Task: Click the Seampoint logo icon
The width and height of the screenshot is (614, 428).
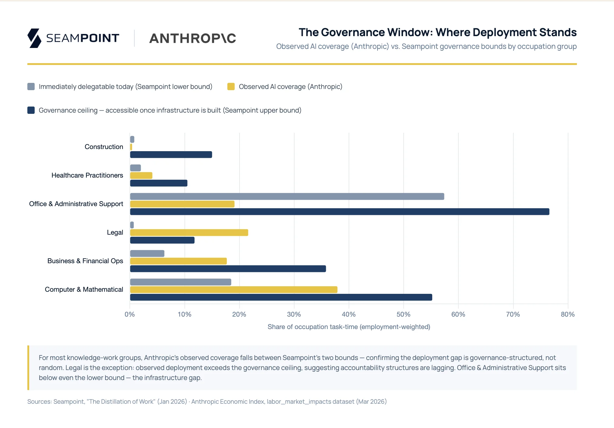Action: [x=34, y=38]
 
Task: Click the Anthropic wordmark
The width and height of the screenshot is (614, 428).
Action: [x=193, y=39]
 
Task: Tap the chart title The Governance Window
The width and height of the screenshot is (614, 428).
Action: [x=437, y=32]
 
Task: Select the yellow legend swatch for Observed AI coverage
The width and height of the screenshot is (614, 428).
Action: [x=231, y=87]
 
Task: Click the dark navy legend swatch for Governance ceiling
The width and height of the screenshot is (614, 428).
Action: [x=31, y=110]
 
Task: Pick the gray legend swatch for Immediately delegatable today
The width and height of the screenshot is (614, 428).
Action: [x=31, y=87]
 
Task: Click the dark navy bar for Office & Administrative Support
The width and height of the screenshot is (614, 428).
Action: [x=340, y=212]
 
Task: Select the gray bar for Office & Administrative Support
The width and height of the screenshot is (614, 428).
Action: [x=287, y=196]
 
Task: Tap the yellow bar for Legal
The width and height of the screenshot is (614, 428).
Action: [x=189, y=233]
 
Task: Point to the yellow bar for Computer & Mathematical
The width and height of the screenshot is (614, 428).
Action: [x=233, y=290]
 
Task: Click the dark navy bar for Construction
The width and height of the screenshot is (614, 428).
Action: [x=171, y=155]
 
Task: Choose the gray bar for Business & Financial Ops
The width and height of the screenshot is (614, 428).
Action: [x=147, y=253]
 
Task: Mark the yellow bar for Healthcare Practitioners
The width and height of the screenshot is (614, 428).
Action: [x=141, y=175]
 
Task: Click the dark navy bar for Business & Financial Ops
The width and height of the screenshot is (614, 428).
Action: [x=228, y=269]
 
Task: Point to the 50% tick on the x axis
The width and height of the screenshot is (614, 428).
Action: [x=403, y=314]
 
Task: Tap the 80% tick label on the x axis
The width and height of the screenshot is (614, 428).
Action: [x=567, y=314]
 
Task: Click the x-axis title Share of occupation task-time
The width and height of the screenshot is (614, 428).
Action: [x=349, y=327]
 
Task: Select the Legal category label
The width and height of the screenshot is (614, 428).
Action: [x=115, y=233]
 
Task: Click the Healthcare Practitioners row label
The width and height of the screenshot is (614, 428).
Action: [x=87, y=175]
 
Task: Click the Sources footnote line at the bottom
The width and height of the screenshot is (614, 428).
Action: [x=207, y=402]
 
